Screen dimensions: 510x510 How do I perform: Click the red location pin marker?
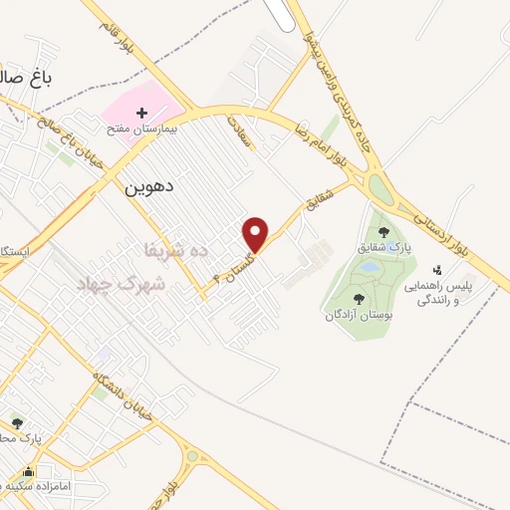pyautogui.click(x=256, y=234)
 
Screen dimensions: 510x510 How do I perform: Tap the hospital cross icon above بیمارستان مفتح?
pyautogui.click(x=141, y=114)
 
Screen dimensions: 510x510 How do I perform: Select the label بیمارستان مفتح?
pyautogui.click(x=141, y=129)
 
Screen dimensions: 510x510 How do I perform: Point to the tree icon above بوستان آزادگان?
pyautogui.click(x=358, y=298)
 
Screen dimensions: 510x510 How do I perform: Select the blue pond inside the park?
pyautogui.click(x=368, y=268)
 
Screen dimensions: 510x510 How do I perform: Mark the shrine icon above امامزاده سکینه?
pyautogui.click(x=29, y=471)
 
